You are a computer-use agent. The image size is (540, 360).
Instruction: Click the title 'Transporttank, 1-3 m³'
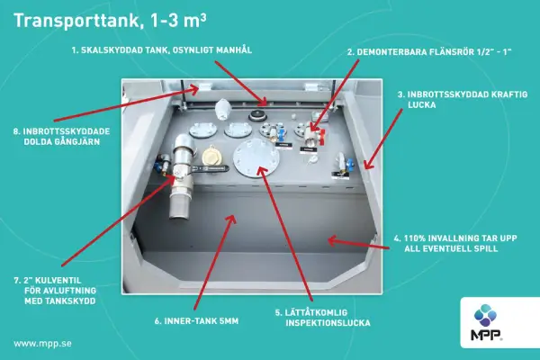[110, 21]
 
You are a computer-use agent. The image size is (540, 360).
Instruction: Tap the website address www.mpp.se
[42, 344]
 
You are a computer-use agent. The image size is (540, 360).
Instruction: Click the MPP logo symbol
[486, 316]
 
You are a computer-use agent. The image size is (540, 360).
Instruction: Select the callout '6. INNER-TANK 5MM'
[196, 321]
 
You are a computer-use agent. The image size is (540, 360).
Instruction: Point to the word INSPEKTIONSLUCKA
[328, 323]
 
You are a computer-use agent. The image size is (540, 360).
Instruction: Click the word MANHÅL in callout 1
[234, 50]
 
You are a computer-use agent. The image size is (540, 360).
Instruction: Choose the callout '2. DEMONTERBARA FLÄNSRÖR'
[409, 52]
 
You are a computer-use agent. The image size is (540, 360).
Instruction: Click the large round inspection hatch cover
[256, 158]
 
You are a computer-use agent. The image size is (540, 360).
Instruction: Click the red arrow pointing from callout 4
[358, 243]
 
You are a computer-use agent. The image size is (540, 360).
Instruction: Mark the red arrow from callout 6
[214, 263]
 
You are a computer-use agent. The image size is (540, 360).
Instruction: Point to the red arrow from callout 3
[383, 139]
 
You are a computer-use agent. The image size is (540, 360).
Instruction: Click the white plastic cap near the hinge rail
[221, 109]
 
